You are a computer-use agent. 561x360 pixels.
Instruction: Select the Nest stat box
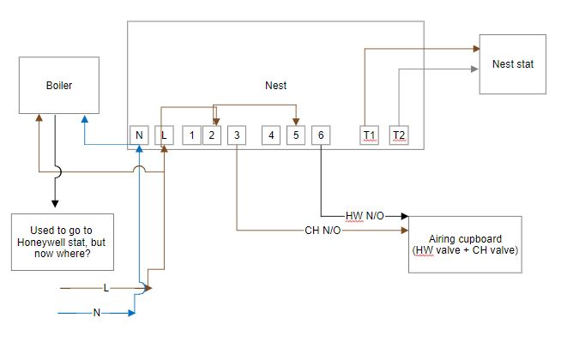pos(512,64)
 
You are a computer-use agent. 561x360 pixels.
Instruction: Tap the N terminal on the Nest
pos(139,135)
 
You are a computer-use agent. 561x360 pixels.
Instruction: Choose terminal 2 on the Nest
pos(212,135)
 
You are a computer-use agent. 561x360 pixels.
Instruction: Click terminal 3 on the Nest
pos(237,135)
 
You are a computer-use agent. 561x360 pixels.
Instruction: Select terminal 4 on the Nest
pos(270,135)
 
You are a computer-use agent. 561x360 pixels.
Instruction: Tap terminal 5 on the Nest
pos(295,135)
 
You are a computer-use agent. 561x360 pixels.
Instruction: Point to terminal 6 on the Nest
pos(320,135)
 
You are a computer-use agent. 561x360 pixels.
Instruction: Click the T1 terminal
pos(369,135)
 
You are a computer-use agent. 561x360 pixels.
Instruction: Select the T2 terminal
pos(398,135)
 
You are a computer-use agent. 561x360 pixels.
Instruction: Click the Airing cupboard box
pos(465,244)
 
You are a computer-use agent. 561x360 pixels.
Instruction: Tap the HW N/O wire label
pos(365,216)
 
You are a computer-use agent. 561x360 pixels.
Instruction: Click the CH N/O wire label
pos(323,231)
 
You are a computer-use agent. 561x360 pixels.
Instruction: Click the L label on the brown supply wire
pos(106,288)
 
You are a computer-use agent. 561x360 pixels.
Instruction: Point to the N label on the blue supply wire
pos(96,313)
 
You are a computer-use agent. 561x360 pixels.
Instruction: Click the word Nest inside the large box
pos(275,86)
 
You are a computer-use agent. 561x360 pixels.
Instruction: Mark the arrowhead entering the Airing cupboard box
pos(404,217)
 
